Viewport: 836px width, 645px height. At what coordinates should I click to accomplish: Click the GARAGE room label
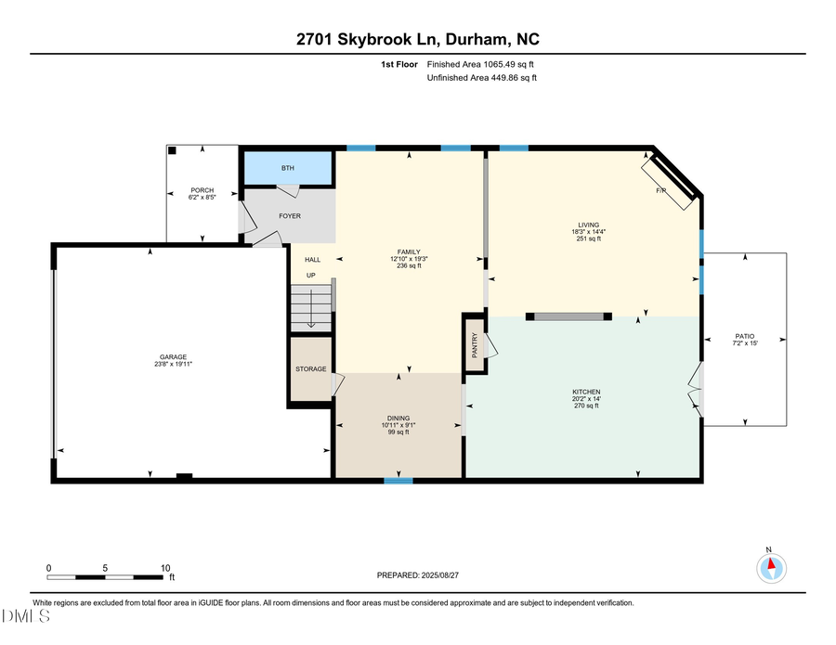pos(173,356)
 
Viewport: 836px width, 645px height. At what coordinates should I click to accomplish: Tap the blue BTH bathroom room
pos(288,168)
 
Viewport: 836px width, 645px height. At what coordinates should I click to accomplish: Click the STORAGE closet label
pos(311,369)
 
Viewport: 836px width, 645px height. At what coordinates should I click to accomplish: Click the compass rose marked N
pos(770,567)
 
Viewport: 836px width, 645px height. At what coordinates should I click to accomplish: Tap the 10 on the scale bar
pos(164,568)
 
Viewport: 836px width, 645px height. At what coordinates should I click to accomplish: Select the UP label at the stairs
pos(312,276)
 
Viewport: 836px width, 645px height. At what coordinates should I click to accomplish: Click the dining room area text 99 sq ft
pos(398,432)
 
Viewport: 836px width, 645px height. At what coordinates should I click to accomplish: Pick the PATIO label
pos(745,336)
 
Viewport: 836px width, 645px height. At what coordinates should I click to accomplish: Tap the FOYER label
pos(290,215)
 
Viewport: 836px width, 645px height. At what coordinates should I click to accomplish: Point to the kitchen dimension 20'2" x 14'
pos(586,398)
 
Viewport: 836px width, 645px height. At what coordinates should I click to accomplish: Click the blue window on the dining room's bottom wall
pos(398,480)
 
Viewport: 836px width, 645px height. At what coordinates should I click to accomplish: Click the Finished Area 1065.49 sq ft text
pos(480,64)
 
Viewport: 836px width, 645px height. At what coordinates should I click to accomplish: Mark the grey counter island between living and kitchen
pos(568,316)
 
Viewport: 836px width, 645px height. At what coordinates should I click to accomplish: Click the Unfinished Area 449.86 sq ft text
pos(481,78)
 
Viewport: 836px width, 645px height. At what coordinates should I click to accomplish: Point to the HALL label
pos(312,260)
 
